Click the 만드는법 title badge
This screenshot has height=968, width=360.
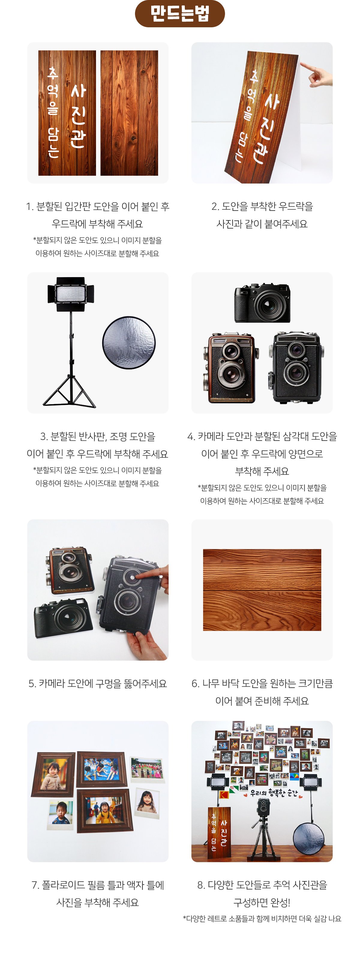point(180,13)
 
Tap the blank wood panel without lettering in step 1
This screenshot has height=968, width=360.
point(129,113)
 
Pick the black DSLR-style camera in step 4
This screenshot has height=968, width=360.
point(262,303)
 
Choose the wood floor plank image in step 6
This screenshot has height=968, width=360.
point(262,590)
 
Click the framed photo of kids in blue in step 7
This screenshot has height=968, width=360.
point(101,769)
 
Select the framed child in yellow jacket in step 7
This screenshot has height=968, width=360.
point(105,811)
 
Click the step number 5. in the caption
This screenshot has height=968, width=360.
point(32,683)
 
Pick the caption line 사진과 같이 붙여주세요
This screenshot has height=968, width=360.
point(262,224)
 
